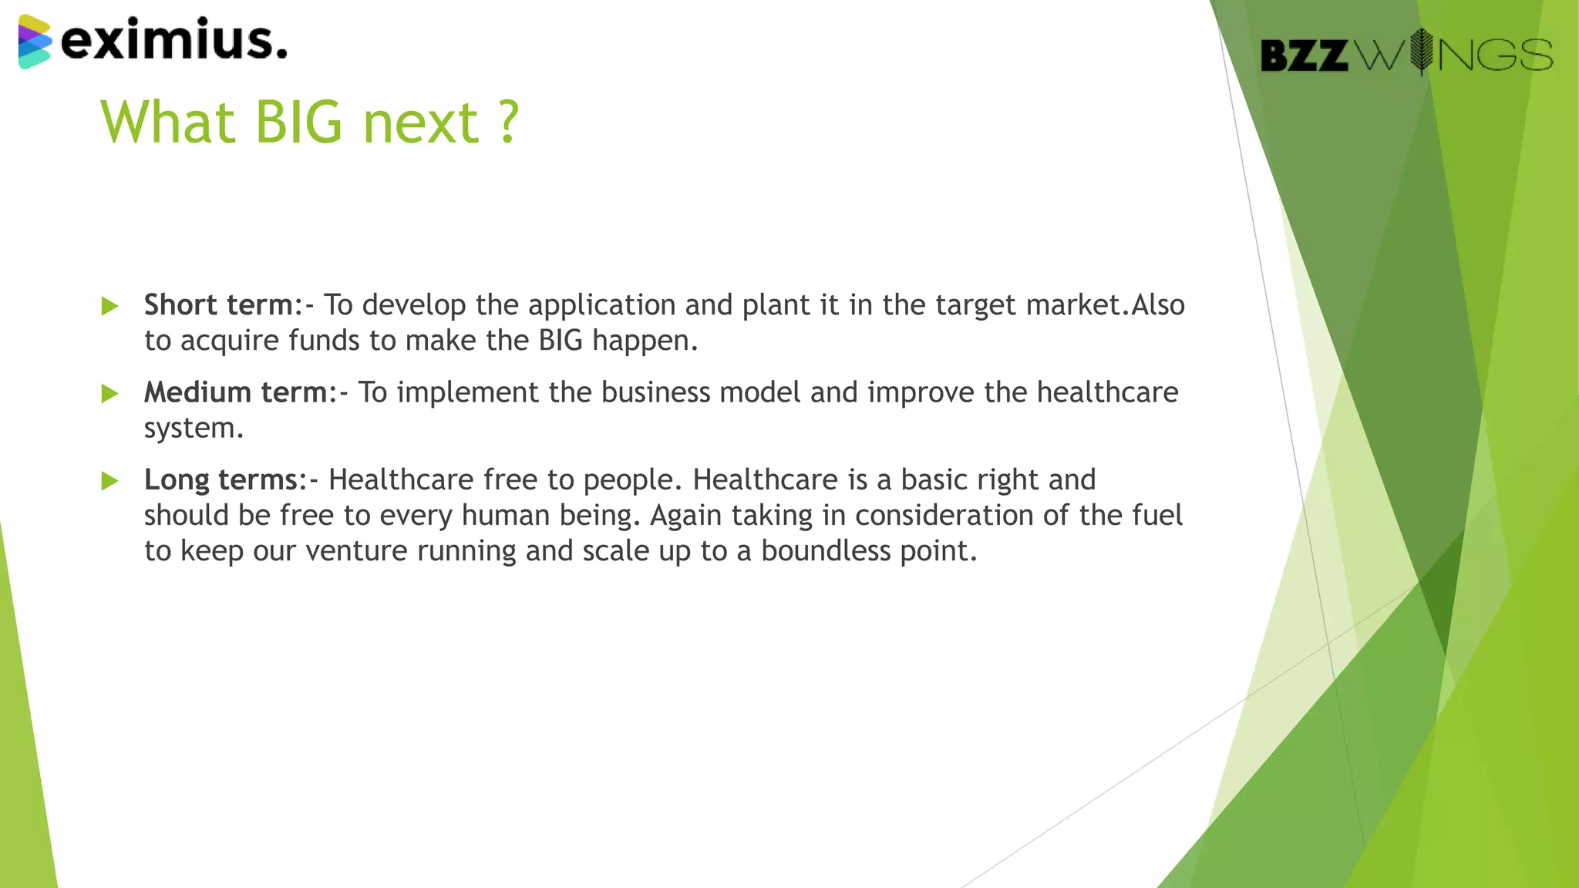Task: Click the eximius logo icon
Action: [x=35, y=42]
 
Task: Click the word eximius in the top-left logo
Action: [x=173, y=40]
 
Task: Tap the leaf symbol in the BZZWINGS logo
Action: [x=1421, y=52]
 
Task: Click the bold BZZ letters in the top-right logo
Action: [x=1304, y=55]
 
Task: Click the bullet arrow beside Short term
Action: [x=109, y=306]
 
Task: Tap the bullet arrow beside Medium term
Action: [x=109, y=394]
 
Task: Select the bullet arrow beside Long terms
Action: [x=109, y=481]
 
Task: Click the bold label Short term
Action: [x=219, y=305]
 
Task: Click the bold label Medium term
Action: [x=236, y=392]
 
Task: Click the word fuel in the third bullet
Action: [x=1157, y=515]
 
